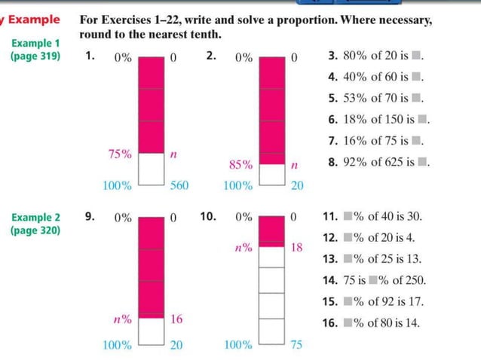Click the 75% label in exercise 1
click(x=120, y=154)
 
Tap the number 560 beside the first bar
click(x=179, y=185)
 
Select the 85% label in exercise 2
click(x=240, y=163)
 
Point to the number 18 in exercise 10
click(x=296, y=246)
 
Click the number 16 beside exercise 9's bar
click(x=176, y=319)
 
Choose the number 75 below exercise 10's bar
click(x=296, y=346)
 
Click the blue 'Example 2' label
click(x=35, y=218)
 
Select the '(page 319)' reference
click(x=35, y=56)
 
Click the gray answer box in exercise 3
click(x=416, y=56)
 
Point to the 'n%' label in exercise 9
click(x=122, y=319)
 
